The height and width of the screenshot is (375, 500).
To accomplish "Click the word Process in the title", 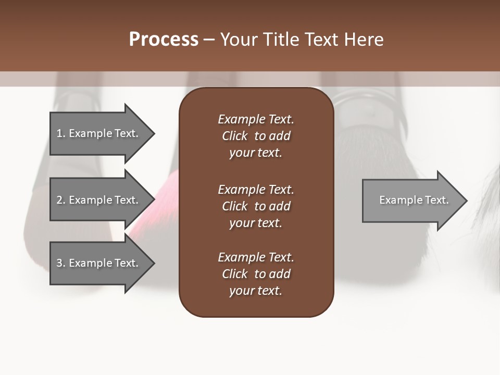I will click(x=164, y=40).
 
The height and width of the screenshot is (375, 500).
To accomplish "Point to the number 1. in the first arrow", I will click(x=61, y=133).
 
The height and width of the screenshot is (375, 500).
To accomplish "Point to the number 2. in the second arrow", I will click(x=61, y=200).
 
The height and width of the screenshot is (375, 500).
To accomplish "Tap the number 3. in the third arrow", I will click(x=61, y=263).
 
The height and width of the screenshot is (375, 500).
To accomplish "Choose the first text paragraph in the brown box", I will click(x=256, y=136).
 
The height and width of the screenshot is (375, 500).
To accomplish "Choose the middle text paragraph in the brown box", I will click(x=256, y=206).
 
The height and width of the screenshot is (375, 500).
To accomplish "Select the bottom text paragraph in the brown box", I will click(x=256, y=274).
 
